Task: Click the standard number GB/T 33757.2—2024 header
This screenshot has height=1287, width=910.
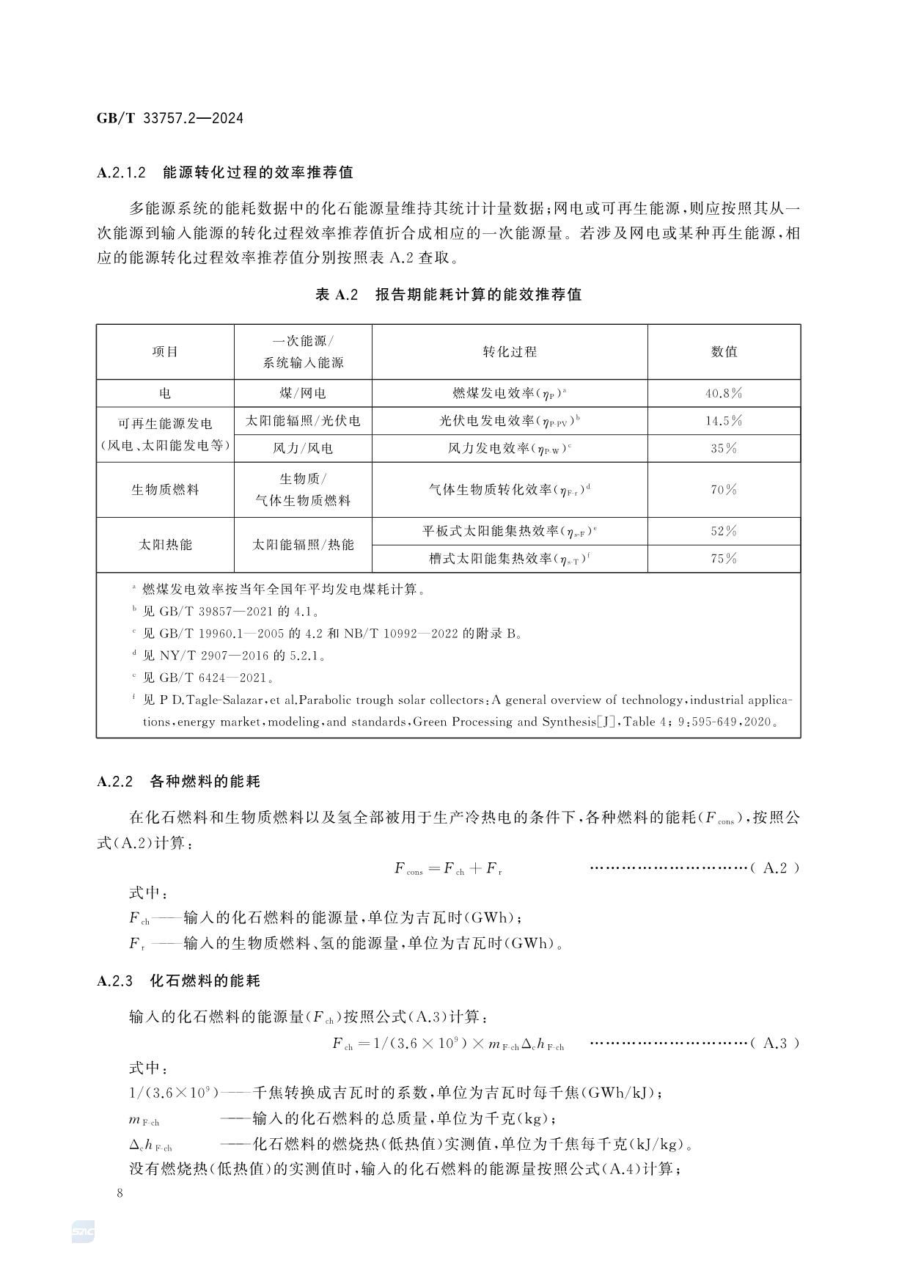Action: pos(169,118)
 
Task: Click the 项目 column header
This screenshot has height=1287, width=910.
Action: pos(165,352)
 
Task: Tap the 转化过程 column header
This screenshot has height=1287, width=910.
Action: pos(510,352)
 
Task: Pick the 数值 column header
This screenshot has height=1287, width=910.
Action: pos(724,352)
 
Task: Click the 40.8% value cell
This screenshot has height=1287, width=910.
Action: pos(724,393)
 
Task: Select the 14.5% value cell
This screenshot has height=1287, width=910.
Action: pos(724,421)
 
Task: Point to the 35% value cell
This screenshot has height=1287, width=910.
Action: pos(724,448)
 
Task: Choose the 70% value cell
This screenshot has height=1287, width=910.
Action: pos(724,489)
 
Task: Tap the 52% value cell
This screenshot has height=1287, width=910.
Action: pos(724,531)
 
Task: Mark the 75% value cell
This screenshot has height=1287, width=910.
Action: pos(724,559)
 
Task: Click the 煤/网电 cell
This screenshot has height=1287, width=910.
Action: pos(303,393)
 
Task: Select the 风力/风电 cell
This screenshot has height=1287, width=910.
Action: pos(303,448)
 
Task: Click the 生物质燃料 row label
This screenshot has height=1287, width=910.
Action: pos(165,489)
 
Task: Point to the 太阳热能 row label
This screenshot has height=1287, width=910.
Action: pos(165,545)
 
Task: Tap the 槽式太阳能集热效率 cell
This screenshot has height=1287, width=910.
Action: pos(510,559)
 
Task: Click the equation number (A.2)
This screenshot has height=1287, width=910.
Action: pos(775,868)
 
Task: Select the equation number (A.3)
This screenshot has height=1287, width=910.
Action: pos(775,1044)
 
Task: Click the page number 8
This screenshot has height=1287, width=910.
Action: pos(120,1192)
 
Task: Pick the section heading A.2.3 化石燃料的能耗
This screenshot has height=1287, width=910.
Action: pos(178,981)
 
